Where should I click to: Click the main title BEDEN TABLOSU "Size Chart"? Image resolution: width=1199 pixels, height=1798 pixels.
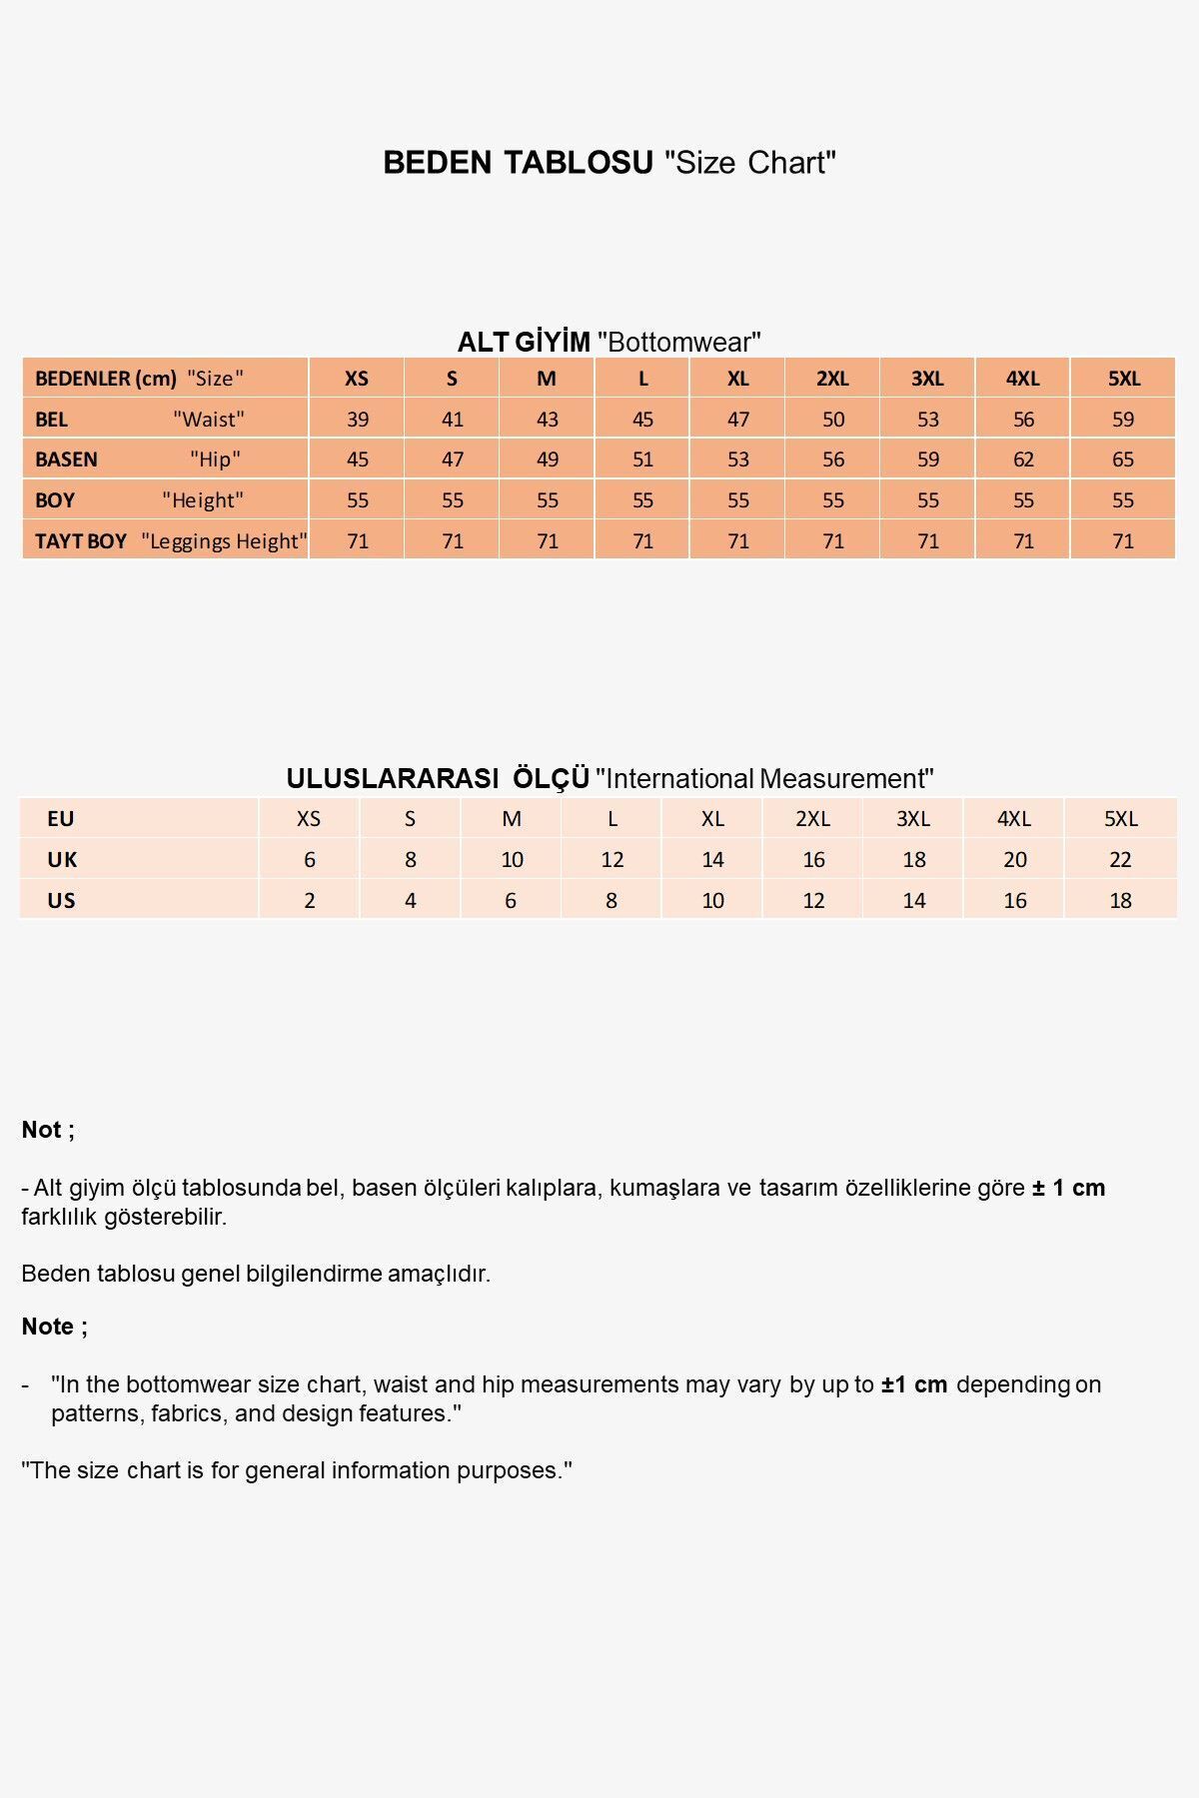609,163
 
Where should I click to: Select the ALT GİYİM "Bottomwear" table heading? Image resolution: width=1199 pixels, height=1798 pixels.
609,343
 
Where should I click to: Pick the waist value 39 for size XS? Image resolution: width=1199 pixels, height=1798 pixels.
358,420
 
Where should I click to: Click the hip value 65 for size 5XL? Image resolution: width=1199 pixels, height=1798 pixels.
1123,459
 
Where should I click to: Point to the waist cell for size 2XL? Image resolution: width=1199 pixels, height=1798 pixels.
833,420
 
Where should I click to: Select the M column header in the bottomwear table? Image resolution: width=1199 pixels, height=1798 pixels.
547,379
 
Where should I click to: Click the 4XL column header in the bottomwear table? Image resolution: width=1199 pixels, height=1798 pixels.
1023,379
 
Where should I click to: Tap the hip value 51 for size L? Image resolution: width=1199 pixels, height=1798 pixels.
642,459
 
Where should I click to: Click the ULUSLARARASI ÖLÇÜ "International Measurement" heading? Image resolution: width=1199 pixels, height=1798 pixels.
609,779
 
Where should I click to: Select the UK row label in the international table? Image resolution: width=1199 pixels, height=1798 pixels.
62,860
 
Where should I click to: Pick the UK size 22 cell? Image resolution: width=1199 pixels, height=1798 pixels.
1120,860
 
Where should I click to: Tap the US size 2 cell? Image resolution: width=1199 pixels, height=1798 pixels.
310,901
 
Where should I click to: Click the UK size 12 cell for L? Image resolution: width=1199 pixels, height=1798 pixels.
612,860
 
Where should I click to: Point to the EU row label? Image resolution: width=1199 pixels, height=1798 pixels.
61,819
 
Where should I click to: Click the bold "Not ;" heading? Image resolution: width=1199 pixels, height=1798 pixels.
48,1130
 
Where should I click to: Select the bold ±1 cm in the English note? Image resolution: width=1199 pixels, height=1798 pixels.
914,1385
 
